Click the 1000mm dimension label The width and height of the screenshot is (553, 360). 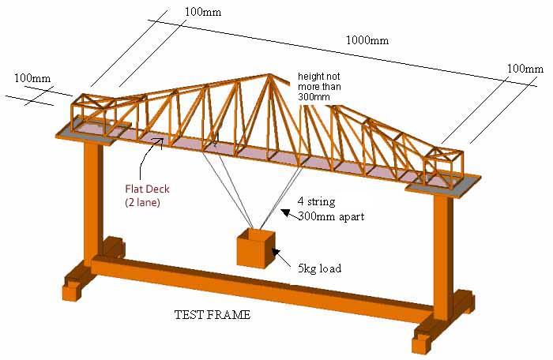(367, 39)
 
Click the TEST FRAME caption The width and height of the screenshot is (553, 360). (212, 315)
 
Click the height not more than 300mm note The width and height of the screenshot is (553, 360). (323, 86)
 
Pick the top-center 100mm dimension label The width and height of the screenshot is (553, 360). (204, 12)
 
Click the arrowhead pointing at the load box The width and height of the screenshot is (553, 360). (274, 251)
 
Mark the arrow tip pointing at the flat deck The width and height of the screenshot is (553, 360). (163, 141)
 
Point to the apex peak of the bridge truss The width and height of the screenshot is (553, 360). (270, 77)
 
